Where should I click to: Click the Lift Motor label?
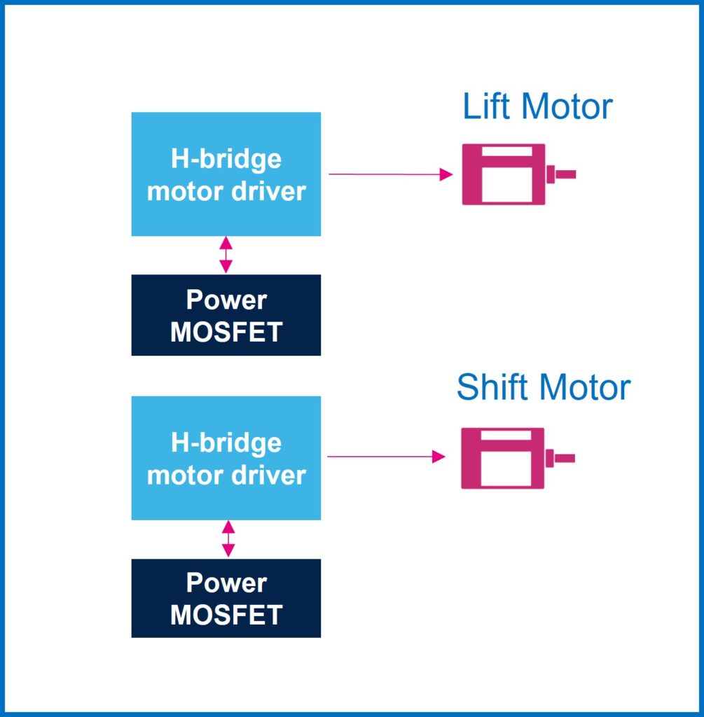tap(537, 106)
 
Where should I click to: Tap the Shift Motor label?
tap(543, 387)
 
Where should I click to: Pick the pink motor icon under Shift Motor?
tap(503, 458)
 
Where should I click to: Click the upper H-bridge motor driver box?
tap(226, 174)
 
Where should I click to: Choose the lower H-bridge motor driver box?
tap(226, 458)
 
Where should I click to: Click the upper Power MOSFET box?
tap(226, 315)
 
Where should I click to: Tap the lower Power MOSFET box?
tap(226, 598)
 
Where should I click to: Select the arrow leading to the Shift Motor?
tap(386, 457)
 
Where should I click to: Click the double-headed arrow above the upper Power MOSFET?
tap(226, 255)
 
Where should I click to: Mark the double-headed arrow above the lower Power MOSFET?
tap(227, 538)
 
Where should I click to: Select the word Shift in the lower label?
tap(488, 387)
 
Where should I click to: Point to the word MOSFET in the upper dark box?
tap(226, 332)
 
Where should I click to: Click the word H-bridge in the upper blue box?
tap(226, 159)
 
